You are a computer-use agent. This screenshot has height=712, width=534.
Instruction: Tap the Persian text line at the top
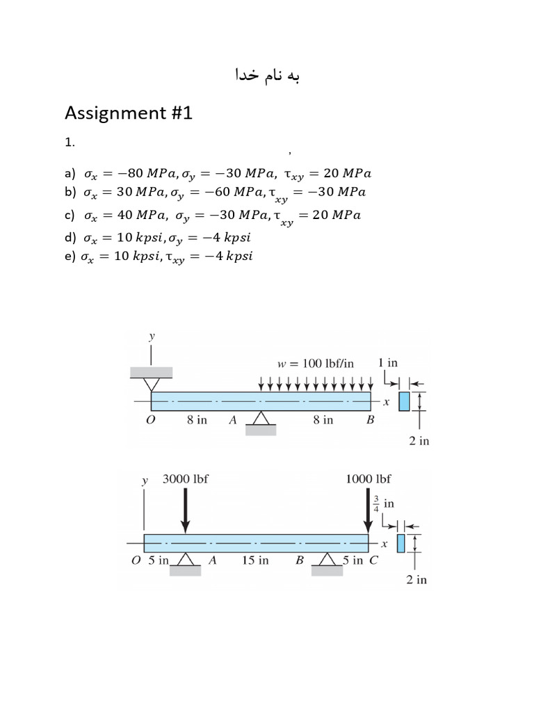pyautogui.click(x=268, y=74)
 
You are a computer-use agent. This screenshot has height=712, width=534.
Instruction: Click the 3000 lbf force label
pyautogui.click(x=186, y=479)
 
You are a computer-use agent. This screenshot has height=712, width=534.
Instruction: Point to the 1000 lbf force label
pyautogui.click(x=368, y=479)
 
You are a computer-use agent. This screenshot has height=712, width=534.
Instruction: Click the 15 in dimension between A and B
pyautogui.click(x=255, y=561)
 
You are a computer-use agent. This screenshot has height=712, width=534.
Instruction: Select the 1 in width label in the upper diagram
pyautogui.click(x=387, y=362)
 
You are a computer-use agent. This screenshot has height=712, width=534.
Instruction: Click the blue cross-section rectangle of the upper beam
pyautogui.click(x=404, y=401)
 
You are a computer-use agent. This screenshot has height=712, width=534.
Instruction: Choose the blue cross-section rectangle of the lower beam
pyautogui.click(x=400, y=543)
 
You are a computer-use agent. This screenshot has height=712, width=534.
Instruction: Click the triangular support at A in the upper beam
pyautogui.click(x=261, y=419)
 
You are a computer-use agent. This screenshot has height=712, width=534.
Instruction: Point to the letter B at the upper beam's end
pyautogui.click(x=371, y=420)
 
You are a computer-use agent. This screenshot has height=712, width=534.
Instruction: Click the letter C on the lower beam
pyautogui.click(x=373, y=561)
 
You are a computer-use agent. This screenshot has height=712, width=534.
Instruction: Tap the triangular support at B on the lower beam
pyautogui.click(x=326, y=560)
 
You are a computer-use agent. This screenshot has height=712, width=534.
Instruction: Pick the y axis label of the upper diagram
pyautogui.click(x=152, y=337)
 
